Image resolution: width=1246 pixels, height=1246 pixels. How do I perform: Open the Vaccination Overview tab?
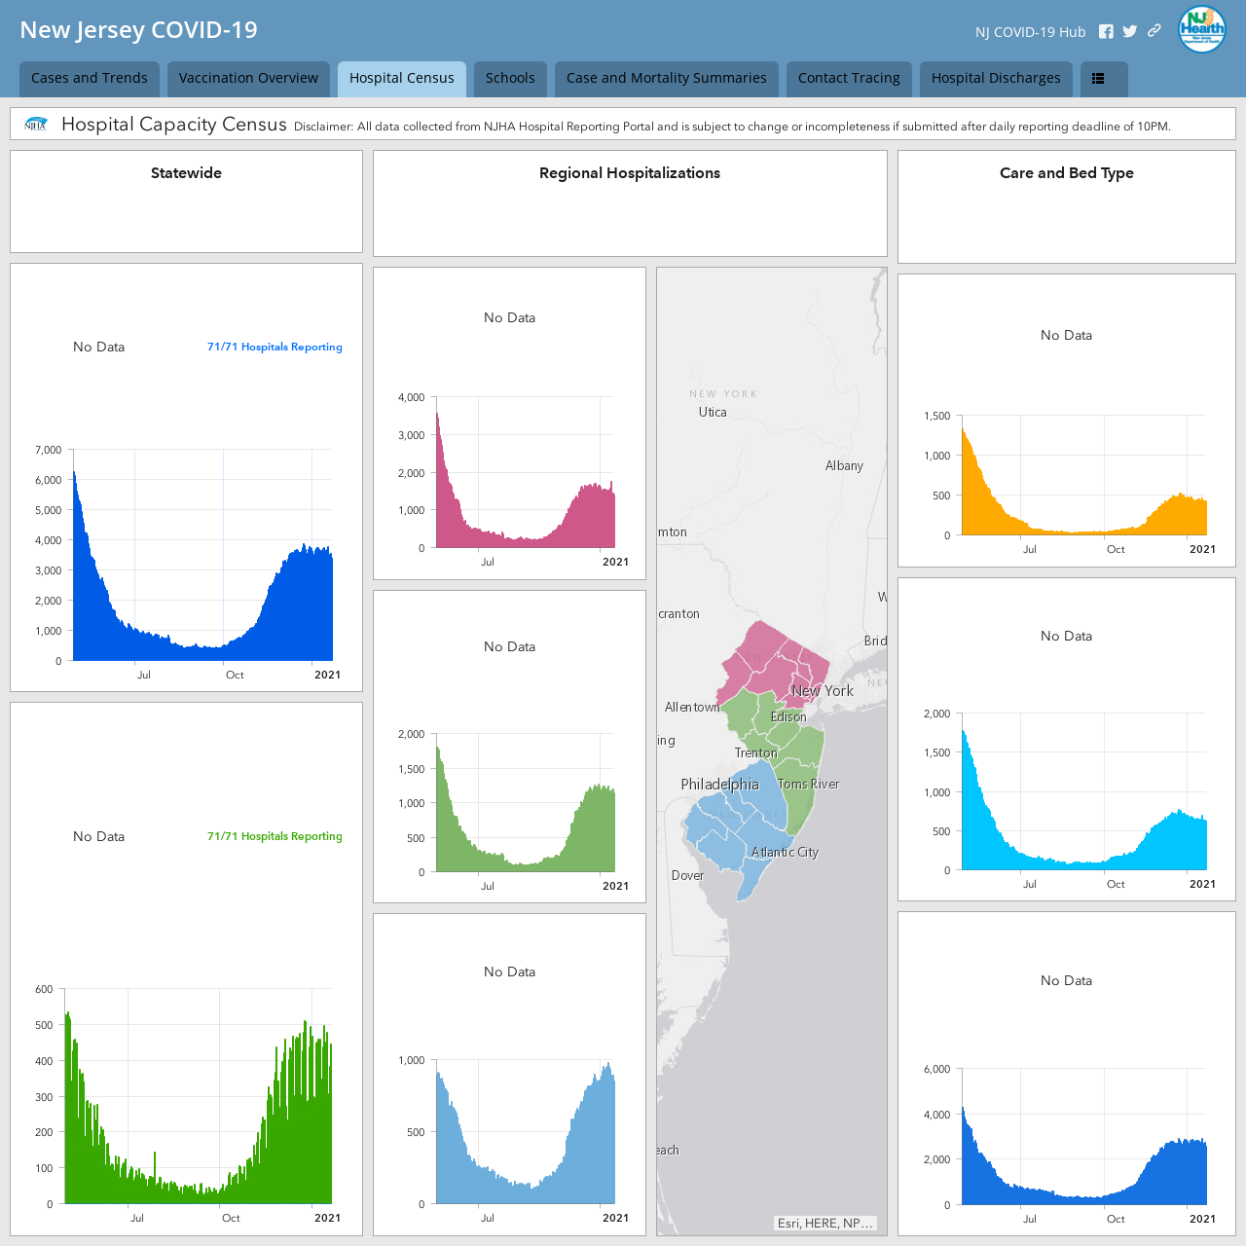click(x=248, y=78)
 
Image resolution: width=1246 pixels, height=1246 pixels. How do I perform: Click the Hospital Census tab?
click(x=401, y=78)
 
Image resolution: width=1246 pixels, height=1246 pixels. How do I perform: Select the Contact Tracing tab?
click(x=848, y=78)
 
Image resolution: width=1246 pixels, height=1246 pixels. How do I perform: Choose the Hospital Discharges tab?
click(x=995, y=78)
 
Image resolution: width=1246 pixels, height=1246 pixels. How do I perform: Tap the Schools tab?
click(x=510, y=78)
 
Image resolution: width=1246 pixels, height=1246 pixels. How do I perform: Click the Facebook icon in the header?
click(x=1106, y=32)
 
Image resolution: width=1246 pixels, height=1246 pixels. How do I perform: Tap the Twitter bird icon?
click(x=1129, y=32)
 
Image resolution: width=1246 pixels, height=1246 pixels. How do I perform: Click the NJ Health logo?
click(x=1201, y=29)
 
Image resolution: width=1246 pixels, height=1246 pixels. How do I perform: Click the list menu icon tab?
click(x=1104, y=78)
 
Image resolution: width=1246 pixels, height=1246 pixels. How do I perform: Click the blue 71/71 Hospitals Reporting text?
click(x=275, y=347)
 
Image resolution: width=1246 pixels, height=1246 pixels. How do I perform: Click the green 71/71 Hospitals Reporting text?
click(x=275, y=836)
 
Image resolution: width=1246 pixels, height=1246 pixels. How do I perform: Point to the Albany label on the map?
click(x=844, y=465)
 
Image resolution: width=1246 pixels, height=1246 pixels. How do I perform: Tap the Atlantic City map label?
click(x=785, y=852)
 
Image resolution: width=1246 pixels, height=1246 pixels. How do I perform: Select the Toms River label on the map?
click(x=808, y=784)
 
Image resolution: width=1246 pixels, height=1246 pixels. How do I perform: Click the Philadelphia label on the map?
click(x=719, y=785)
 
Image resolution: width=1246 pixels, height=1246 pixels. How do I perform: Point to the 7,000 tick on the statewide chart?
click(x=49, y=450)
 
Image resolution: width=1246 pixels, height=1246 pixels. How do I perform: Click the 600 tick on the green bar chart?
click(x=44, y=989)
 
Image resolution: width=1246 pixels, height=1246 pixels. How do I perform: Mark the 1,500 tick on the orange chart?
click(x=936, y=416)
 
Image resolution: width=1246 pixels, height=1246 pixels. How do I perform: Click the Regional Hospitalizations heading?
click(x=629, y=173)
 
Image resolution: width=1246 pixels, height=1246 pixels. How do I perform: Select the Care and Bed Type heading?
click(x=1066, y=173)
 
